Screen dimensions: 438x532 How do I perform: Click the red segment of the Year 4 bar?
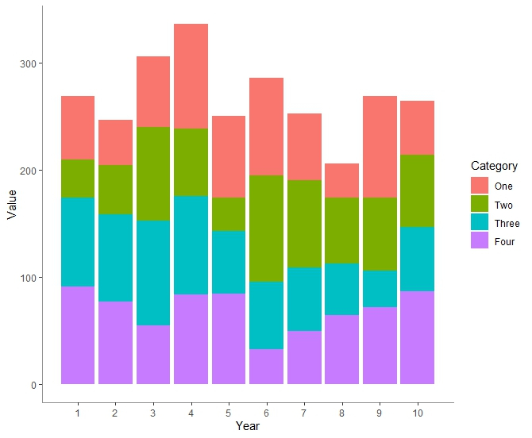(191, 76)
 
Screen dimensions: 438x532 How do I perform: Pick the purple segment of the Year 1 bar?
(78, 335)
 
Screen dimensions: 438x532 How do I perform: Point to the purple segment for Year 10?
(417, 337)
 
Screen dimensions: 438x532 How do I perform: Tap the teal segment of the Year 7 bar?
(304, 299)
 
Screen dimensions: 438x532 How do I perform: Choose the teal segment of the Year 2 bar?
(115, 258)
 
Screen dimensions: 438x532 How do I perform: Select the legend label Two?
(503, 206)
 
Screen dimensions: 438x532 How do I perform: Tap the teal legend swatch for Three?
(480, 223)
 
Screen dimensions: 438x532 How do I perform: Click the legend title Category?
(494, 166)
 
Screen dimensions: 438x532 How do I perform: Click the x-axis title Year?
(248, 426)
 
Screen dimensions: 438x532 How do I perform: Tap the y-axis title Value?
(11, 204)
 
